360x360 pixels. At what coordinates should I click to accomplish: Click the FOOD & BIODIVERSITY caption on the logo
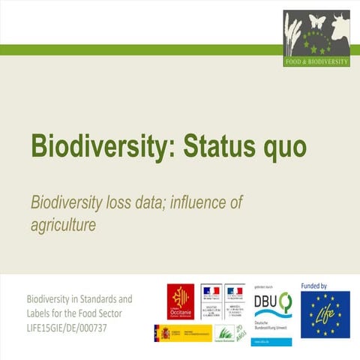(316, 61)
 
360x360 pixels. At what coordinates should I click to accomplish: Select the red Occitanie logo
(180, 301)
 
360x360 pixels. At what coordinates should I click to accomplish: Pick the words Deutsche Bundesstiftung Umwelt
(269, 323)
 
